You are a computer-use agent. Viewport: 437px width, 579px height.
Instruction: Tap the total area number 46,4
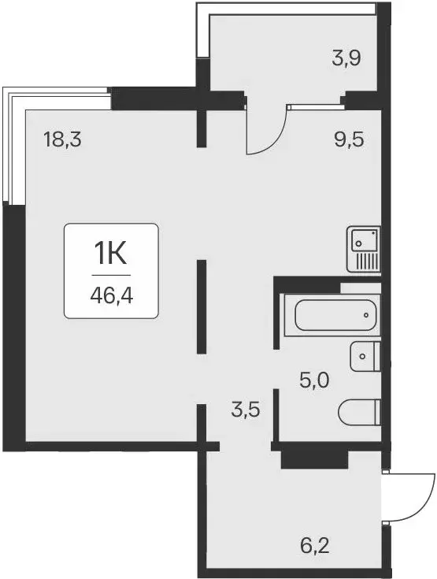111,299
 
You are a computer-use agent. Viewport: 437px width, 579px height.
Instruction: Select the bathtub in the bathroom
337,317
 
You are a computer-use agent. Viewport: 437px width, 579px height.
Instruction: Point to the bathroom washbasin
365,357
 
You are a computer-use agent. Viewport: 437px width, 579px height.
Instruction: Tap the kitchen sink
363,238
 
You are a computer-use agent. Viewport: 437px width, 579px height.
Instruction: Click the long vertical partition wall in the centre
202,307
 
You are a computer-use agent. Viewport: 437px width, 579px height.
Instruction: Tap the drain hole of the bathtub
367,317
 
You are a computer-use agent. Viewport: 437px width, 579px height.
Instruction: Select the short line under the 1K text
111,276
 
